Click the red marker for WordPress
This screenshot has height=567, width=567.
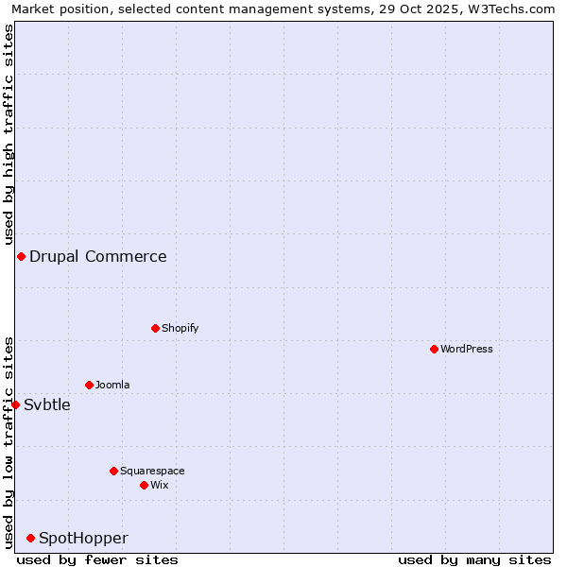(434, 349)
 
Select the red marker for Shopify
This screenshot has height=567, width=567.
(155, 328)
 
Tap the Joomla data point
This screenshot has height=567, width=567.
(89, 385)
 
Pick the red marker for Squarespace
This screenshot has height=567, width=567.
(113, 471)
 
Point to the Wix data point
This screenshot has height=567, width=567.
(144, 485)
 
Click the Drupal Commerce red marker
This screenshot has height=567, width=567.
(21, 256)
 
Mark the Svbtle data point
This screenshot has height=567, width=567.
(15, 404)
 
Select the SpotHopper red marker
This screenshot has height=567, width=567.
(30, 538)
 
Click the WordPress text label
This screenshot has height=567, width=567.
(467, 349)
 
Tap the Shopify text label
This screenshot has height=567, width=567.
(180, 328)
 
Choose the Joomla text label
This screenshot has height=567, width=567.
(112, 385)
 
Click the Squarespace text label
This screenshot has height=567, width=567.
(152, 471)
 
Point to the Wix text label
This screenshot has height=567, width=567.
(160, 485)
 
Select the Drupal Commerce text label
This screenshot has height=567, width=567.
(98, 256)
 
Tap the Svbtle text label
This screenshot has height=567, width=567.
(47, 404)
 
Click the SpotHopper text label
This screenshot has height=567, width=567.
(83, 538)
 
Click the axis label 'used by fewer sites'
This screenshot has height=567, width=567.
(97, 559)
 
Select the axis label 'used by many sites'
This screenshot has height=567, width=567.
(474, 559)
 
